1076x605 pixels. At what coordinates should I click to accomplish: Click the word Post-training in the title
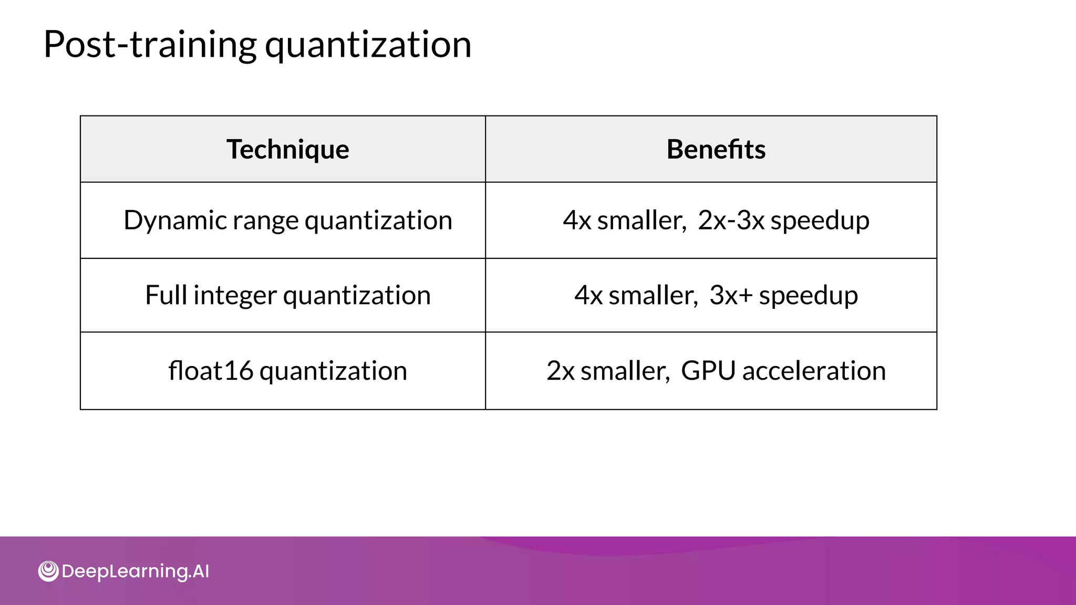click(150, 45)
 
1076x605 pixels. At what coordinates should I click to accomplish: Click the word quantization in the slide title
click(368, 46)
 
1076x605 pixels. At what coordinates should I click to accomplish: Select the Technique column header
click(287, 149)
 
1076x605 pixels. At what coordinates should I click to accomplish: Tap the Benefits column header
click(716, 149)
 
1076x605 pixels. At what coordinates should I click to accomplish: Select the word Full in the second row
click(166, 295)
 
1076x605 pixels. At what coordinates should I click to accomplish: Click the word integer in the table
click(235, 296)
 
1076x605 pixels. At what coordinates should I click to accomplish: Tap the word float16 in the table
click(210, 371)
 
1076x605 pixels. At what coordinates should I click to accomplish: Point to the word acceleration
click(814, 371)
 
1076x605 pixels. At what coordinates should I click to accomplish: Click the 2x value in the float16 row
click(560, 371)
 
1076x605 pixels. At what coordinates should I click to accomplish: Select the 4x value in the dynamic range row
click(577, 221)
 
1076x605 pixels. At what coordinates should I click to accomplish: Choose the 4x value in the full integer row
click(588, 296)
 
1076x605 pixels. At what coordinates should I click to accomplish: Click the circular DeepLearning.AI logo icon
click(48, 571)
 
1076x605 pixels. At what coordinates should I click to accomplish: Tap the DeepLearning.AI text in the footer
click(135, 571)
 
